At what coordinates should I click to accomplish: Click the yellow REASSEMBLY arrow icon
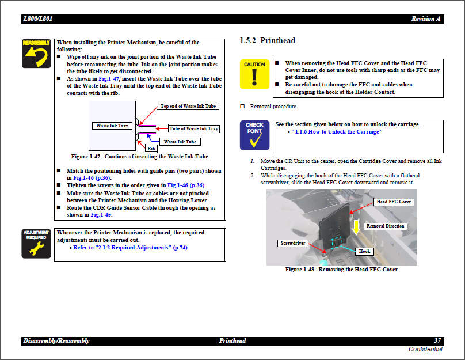coord(36,54)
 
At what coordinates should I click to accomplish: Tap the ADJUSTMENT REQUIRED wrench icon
coord(36,244)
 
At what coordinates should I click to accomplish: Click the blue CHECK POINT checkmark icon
coord(254,135)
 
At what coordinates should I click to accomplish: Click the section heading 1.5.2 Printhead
coord(267,41)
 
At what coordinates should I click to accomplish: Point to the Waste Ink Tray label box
coord(112,126)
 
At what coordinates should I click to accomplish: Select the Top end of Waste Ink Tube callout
coord(188,107)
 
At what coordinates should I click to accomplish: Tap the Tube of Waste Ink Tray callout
coord(193,129)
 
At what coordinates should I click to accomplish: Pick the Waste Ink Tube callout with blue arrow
coord(180,142)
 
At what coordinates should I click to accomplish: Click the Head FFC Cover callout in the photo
coord(394,202)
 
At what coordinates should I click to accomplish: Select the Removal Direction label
coord(385,226)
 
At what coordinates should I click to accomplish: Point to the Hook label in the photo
coord(364,252)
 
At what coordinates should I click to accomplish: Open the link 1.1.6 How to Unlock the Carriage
coord(337,132)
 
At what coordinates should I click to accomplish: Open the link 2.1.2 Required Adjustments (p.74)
coord(130,248)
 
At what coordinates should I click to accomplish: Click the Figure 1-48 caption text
coord(341,270)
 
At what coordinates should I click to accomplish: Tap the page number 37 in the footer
coord(437,341)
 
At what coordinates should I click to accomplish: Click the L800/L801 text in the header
coord(38,19)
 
